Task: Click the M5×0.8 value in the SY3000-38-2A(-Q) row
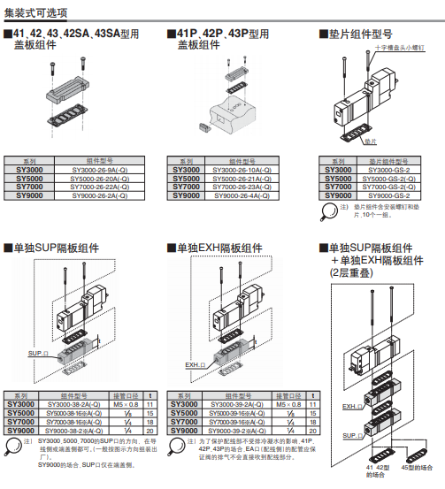(127, 403)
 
